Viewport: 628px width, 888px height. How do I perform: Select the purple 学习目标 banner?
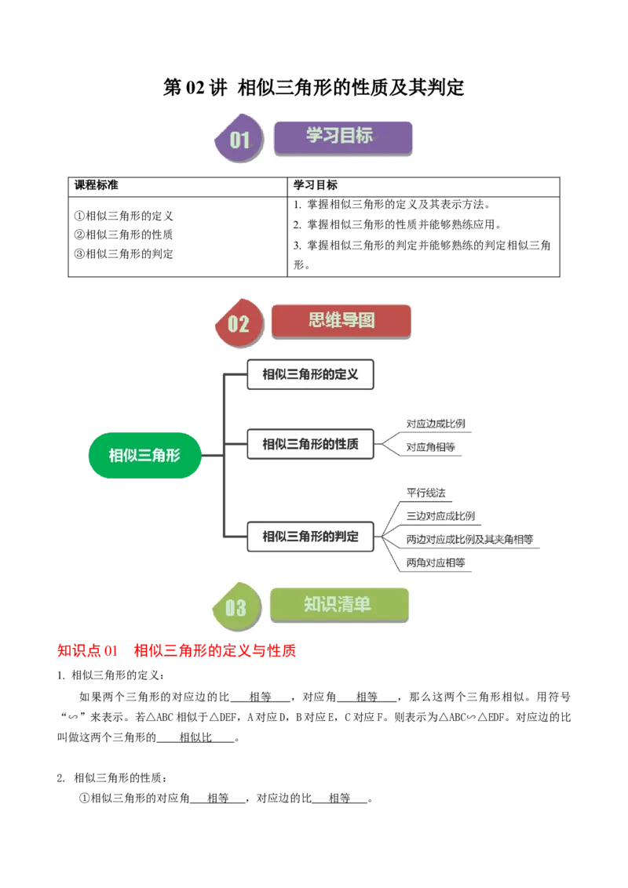[342, 136]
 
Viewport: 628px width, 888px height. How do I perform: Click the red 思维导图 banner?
[341, 321]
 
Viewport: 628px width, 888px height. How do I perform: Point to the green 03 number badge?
[235, 607]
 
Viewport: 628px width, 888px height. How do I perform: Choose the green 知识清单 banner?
[339, 604]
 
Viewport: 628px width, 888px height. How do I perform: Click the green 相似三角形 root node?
[145, 455]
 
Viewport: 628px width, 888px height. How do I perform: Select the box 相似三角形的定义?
[311, 375]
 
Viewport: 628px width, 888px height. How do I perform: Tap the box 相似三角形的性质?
[311, 444]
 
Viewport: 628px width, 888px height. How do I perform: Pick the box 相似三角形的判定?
[311, 537]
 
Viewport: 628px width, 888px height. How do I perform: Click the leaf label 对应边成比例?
[436, 424]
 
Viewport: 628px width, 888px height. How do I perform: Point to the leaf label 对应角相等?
[430, 447]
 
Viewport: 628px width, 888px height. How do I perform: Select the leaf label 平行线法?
[426, 493]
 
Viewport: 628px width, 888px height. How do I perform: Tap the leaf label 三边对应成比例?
[440, 516]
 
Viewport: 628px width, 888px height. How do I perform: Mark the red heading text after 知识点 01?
[216, 650]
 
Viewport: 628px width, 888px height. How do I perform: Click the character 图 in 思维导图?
[365, 320]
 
